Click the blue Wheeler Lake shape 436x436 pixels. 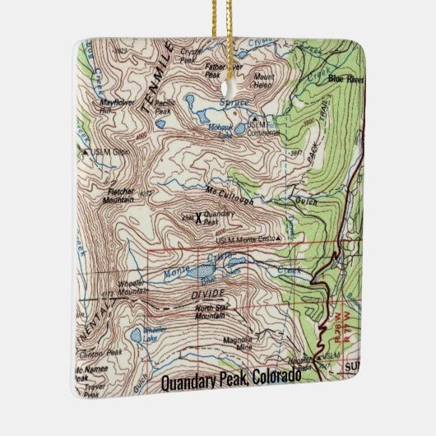[136, 336]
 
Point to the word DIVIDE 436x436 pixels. [208, 293]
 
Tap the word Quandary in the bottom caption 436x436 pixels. [191, 381]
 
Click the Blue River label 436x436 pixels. [346, 79]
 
